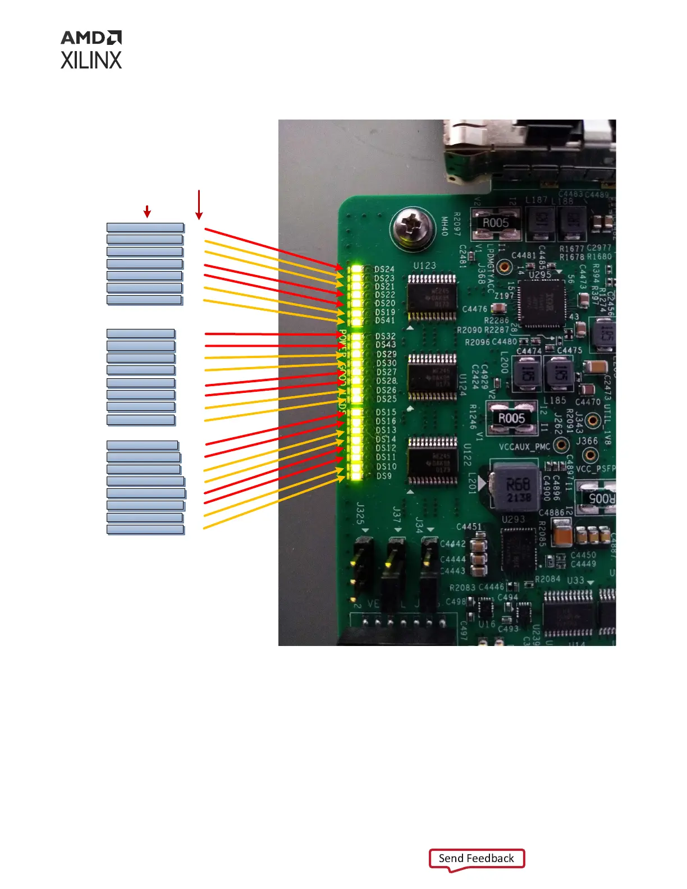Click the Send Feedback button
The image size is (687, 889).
(x=477, y=859)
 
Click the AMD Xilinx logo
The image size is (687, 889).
(x=91, y=50)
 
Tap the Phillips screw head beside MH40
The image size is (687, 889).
(x=412, y=227)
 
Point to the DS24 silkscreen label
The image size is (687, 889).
(x=384, y=269)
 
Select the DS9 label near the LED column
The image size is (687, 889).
(x=384, y=476)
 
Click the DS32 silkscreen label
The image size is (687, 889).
(x=386, y=336)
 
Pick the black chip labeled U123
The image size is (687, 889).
(x=431, y=297)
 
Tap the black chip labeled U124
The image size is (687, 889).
(x=432, y=377)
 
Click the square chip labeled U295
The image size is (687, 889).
(x=541, y=304)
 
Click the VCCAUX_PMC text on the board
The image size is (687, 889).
(x=524, y=447)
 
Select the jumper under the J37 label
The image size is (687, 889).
(x=394, y=567)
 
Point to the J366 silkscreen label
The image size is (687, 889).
(x=587, y=441)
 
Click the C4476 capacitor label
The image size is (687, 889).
(x=474, y=309)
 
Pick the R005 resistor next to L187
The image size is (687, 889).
(x=496, y=223)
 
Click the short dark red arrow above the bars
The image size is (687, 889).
(x=147, y=211)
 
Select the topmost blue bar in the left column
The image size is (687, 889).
(x=145, y=227)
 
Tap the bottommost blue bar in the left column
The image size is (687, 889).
(x=145, y=529)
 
